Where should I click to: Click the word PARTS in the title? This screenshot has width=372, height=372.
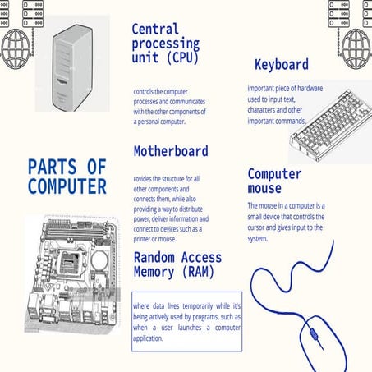53,167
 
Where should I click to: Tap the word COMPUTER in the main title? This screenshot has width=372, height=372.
67,186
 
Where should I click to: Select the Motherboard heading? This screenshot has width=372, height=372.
171,151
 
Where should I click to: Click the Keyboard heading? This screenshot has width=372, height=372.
282,65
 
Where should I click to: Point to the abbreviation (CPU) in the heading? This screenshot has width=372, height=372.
182,57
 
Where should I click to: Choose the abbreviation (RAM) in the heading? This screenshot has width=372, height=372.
198,272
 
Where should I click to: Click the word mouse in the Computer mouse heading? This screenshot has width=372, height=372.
264,188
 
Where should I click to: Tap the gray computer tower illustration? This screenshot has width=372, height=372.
72,68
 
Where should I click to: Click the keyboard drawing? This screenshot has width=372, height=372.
331,126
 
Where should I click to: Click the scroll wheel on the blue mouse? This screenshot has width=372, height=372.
313,334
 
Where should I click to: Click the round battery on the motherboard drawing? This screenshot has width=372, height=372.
99,260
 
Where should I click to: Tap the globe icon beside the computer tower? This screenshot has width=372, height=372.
16,48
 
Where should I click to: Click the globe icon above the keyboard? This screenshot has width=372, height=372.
356,48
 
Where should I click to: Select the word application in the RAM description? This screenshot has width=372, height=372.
148,338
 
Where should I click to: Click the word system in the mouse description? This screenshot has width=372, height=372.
258,239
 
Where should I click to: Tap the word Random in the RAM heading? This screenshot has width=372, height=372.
154,258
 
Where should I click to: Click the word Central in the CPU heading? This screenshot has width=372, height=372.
155,30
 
